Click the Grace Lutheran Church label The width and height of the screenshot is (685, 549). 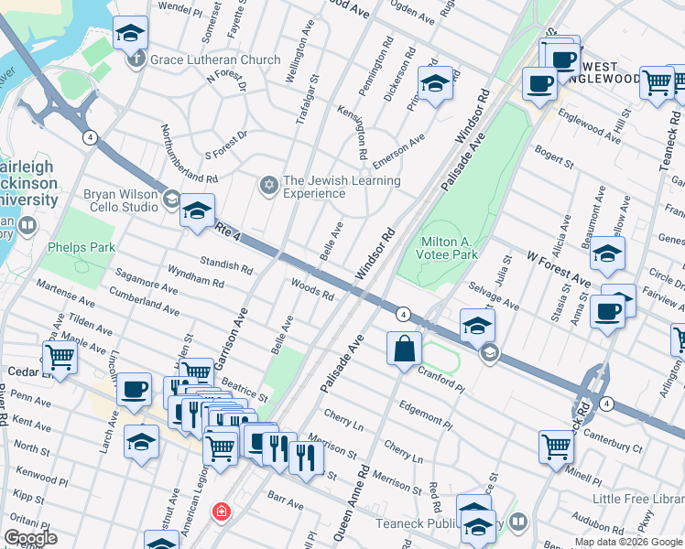coord(216,60)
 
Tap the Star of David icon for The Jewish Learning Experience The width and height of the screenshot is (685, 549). coord(268,187)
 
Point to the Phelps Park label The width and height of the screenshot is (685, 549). coord(81,247)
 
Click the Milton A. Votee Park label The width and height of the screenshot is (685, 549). coord(449,248)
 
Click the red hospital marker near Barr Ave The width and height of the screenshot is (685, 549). coord(220,511)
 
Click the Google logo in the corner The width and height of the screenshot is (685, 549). coord(30,538)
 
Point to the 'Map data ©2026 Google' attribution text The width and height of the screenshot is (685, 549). coord(628,542)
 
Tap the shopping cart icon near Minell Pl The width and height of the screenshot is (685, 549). coord(556,447)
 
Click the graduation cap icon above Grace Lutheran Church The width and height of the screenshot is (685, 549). coord(131,34)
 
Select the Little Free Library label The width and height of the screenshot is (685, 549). coord(638,499)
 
